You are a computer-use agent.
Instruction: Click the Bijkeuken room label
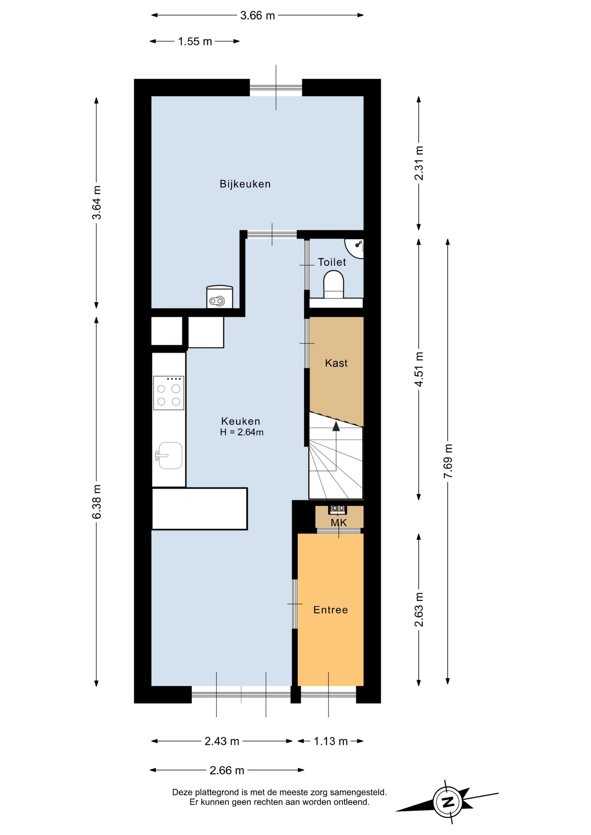pyautogui.click(x=245, y=184)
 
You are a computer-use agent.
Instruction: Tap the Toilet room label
pyautogui.click(x=332, y=262)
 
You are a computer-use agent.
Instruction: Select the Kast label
pyautogui.click(x=336, y=363)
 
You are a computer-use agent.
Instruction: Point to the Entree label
pyautogui.click(x=331, y=610)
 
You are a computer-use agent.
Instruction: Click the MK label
pyautogui.click(x=339, y=523)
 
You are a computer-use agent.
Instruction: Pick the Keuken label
pyautogui.click(x=241, y=421)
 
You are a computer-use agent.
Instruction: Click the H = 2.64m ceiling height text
pyautogui.click(x=242, y=432)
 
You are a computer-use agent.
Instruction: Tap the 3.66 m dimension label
pyautogui.click(x=258, y=16)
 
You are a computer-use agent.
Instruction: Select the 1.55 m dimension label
pyautogui.click(x=195, y=41)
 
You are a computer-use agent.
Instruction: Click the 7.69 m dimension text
pyautogui.click(x=448, y=461)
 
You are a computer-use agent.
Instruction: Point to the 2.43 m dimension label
pyautogui.click(x=222, y=741)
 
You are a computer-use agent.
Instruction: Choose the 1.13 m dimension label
pyautogui.click(x=331, y=741)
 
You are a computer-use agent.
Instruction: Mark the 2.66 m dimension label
pyautogui.click(x=227, y=770)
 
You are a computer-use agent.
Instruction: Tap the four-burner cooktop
pyautogui.click(x=168, y=393)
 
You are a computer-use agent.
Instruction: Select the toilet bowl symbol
pyautogui.click(x=334, y=284)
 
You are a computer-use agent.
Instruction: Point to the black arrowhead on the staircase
pyautogui.click(x=336, y=426)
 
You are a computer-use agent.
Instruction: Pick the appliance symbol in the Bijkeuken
pyautogui.click(x=219, y=297)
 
